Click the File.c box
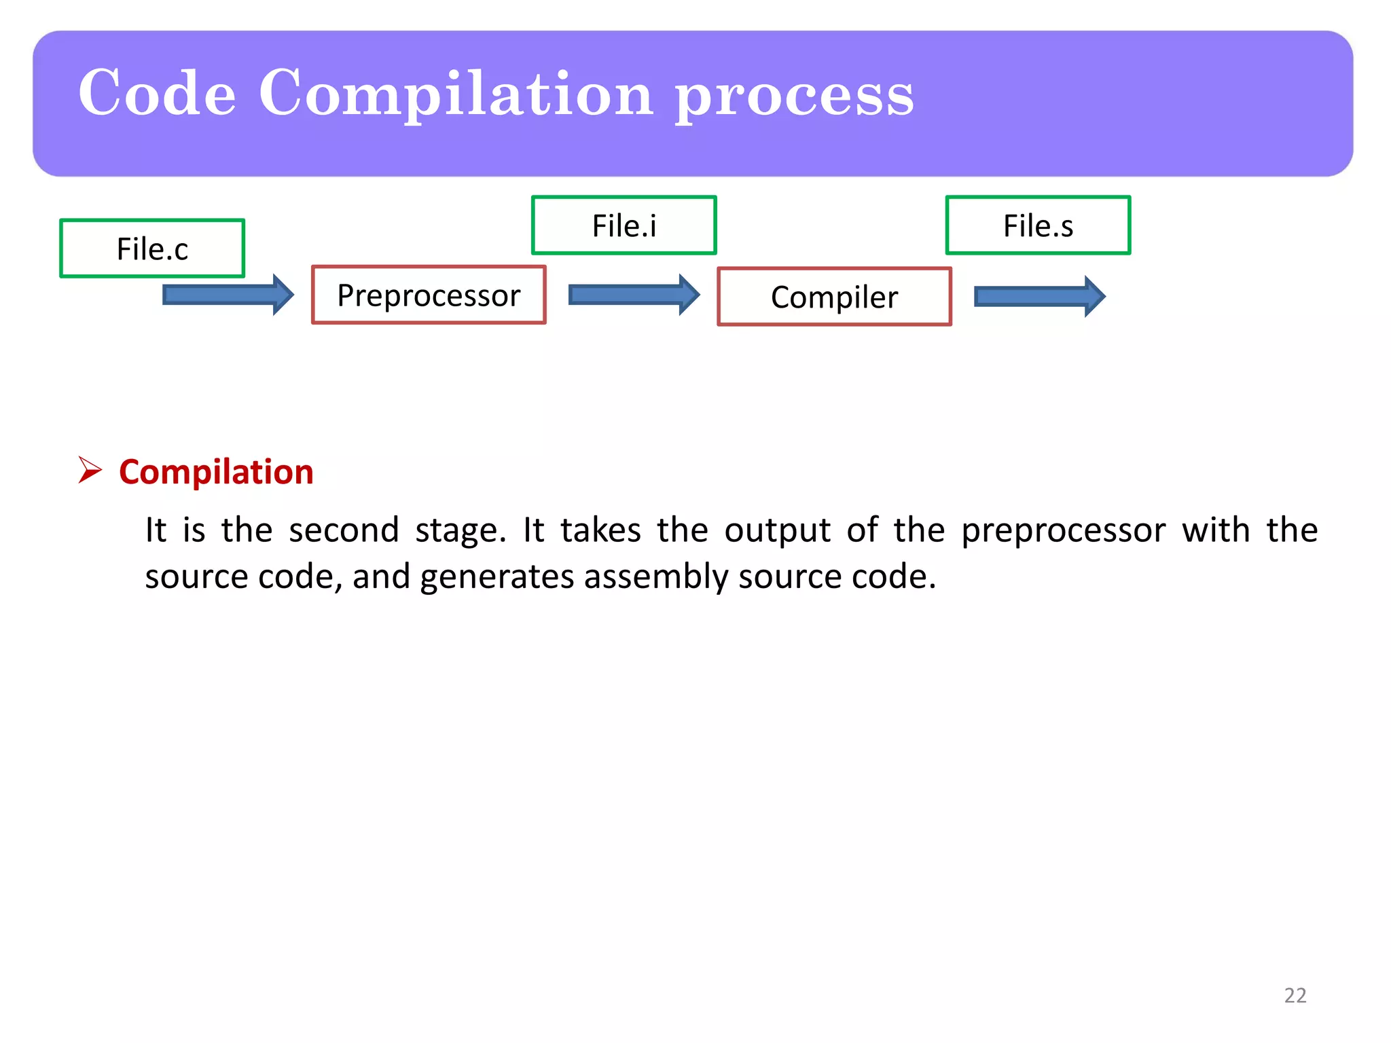pyautogui.click(x=152, y=249)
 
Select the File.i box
pyautogui.click(x=624, y=225)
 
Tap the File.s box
pyautogui.click(x=1038, y=225)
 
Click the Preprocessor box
pyautogui.click(x=429, y=295)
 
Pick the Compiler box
pyautogui.click(x=834, y=297)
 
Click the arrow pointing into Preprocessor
pyautogui.click(x=228, y=295)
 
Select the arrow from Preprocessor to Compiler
pyautogui.click(x=633, y=295)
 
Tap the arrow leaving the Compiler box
pyautogui.click(x=1039, y=296)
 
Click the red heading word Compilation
pyautogui.click(x=216, y=472)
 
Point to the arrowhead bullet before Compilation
pyautogui.click(x=90, y=470)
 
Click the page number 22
pyautogui.click(x=1295, y=995)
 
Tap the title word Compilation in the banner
pyautogui.click(x=456, y=95)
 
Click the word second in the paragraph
pyautogui.click(x=344, y=530)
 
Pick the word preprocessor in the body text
pyautogui.click(x=1063, y=530)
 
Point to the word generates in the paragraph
pyautogui.click(x=497, y=577)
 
